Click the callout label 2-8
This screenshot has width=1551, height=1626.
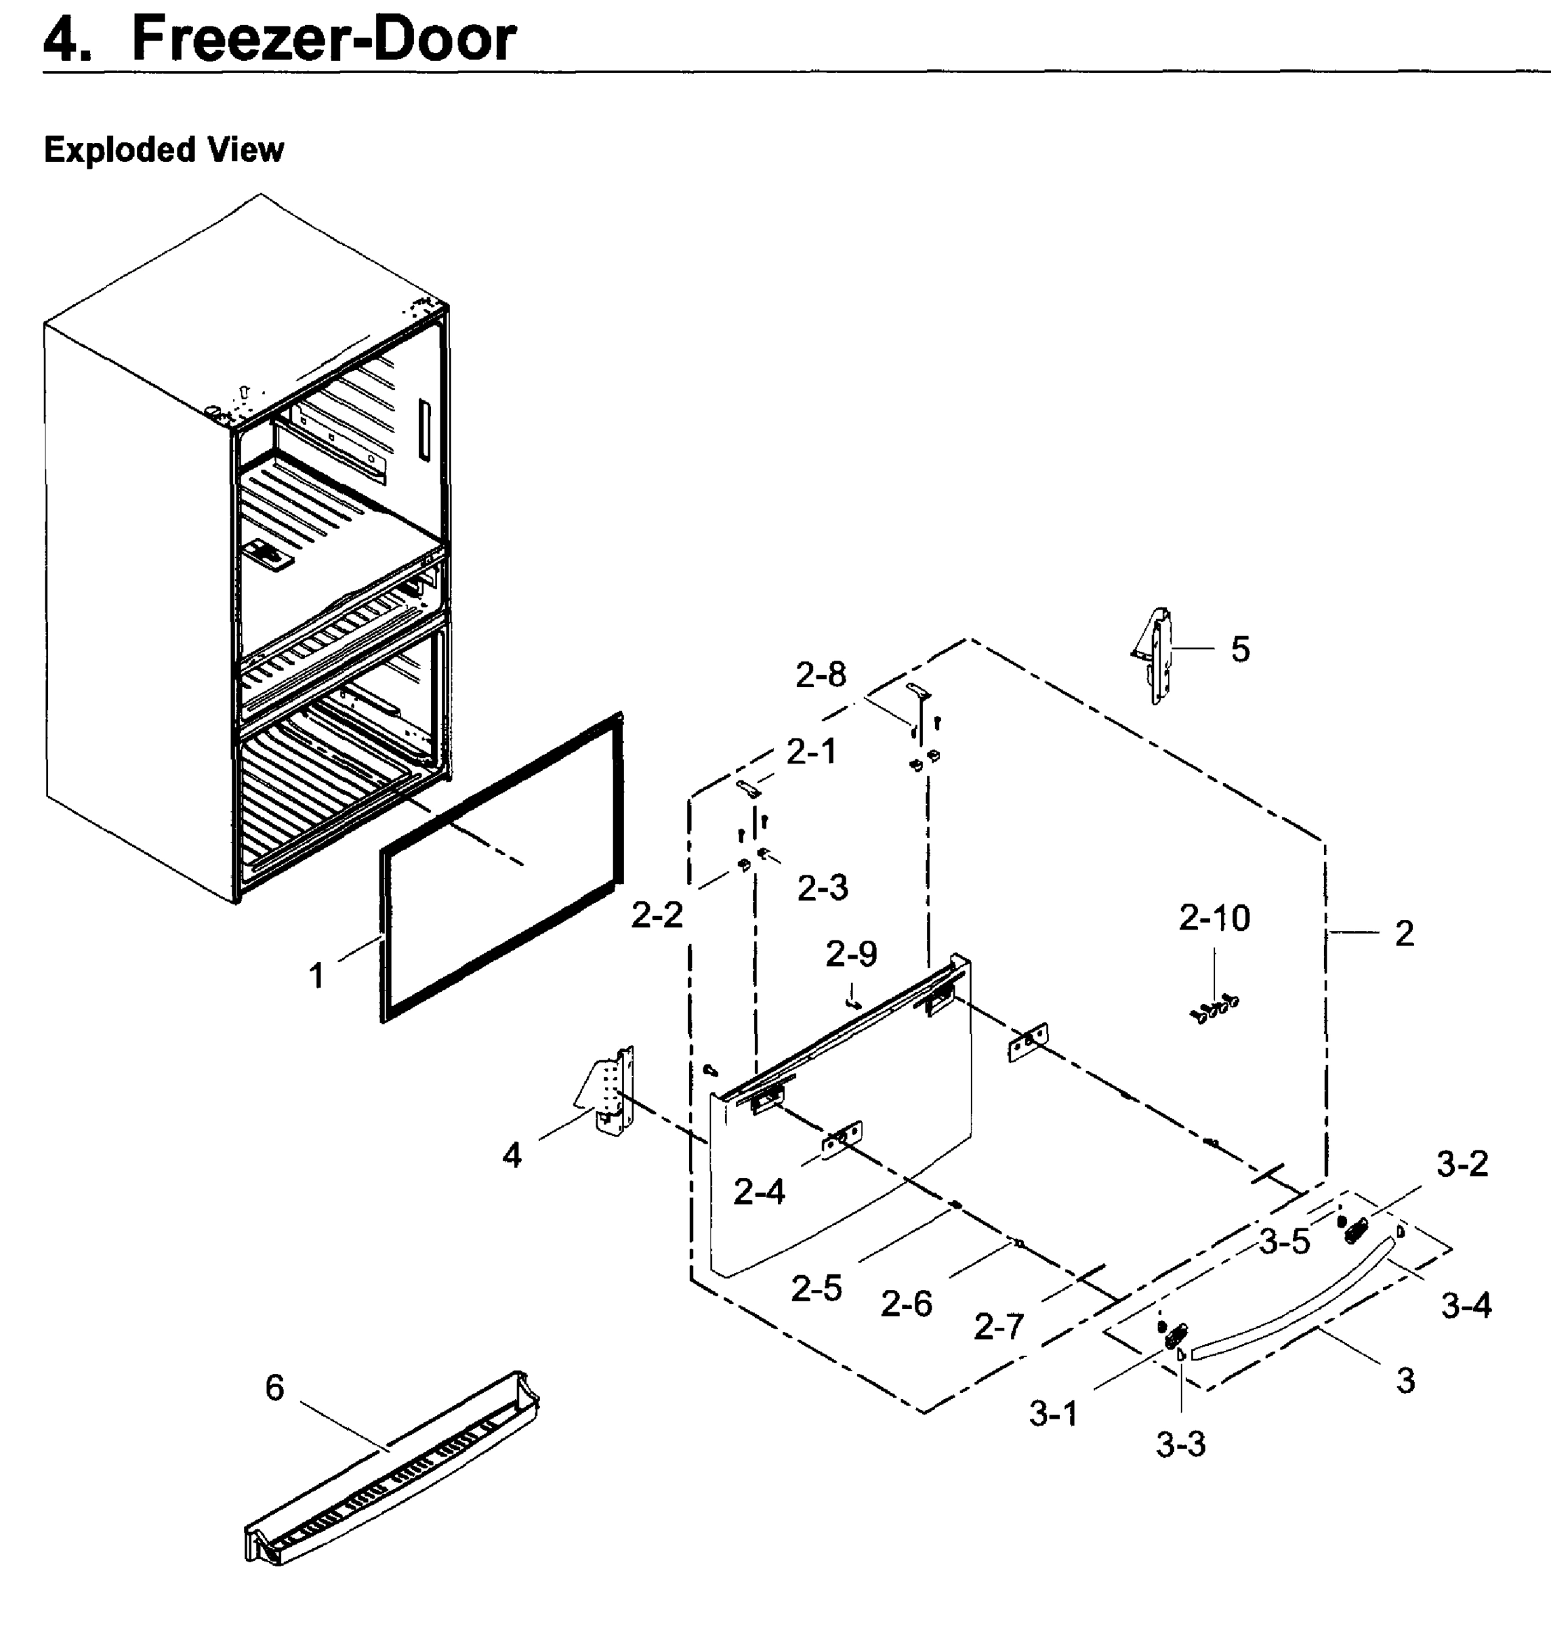click(821, 675)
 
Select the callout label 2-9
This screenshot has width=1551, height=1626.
click(852, 954)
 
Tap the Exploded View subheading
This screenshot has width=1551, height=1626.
click(164, 150)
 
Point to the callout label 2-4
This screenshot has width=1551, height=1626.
click(759, 1191)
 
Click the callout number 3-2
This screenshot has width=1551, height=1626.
click(1462, 1164)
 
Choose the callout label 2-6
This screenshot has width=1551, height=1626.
click(906, 1304)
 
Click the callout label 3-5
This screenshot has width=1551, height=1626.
click(1284, 1242)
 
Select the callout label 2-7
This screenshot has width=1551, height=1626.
click(999, 1327)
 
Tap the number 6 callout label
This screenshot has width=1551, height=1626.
click(274, 1388)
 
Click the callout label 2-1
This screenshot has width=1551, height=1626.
click(811, 751)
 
